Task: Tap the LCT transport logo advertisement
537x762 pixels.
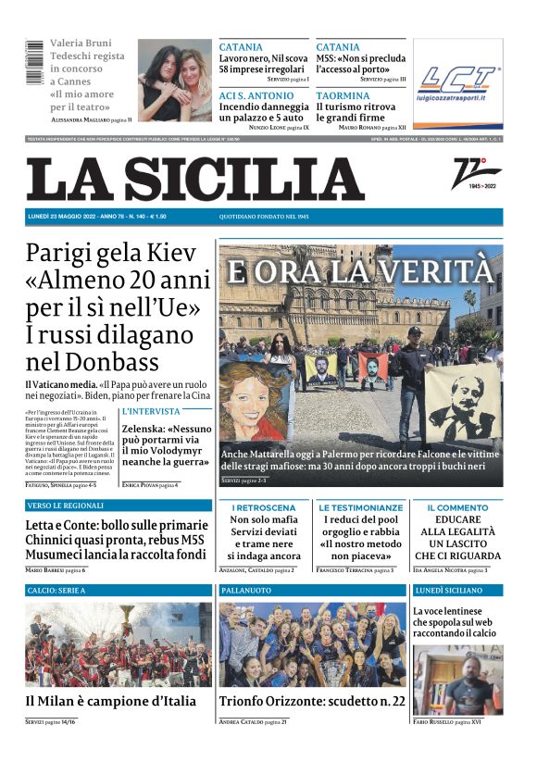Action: click(457, 84)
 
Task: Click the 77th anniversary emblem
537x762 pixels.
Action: click(476, 173)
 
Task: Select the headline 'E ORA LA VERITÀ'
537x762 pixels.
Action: click(360, 272)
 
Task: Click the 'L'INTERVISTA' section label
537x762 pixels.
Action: click(151, 411)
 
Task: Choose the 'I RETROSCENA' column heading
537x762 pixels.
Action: click(264, 508)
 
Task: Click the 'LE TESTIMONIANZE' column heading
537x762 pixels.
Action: click(361, 508)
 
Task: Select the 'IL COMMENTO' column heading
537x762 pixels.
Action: click(457, 508)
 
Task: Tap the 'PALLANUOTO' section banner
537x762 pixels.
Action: click(246, 590)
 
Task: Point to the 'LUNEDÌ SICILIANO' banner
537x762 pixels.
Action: click(449, 590)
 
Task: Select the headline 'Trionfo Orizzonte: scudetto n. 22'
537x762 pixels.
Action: click(312, 701)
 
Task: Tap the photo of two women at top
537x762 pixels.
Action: click(175, 81)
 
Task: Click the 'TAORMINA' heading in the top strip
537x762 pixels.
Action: click(343, 95)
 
